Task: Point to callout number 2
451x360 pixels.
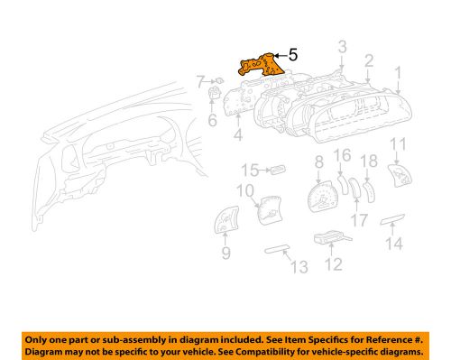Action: pos(369,60)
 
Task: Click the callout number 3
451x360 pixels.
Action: pos(342,46)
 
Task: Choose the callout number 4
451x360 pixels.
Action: pos(238,137)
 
